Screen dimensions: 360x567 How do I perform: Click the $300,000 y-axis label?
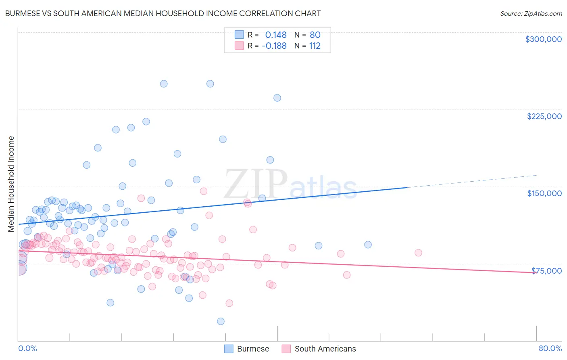click(543, 39)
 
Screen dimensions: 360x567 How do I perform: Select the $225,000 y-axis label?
click(544, 116)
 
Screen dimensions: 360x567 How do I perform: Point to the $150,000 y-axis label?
click(544, 193)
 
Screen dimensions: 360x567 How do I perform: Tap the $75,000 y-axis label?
click(546, 271)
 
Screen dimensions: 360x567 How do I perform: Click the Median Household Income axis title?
click(11, 184)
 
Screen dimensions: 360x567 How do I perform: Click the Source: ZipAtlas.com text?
click(531, 13)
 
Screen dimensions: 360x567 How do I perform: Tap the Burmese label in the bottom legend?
click(253, 349)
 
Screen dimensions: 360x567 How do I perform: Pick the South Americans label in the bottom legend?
click(325, 349)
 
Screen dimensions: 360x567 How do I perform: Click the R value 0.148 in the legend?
click(276, 35)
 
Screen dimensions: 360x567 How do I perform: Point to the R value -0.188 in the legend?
click(274, 46)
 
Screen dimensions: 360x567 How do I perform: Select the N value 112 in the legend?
click(315, 46)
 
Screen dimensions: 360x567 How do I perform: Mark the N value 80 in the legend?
click(315, 35)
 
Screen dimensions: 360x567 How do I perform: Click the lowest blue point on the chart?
click(221, 321)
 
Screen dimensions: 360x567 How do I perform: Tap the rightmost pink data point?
click(418, 253)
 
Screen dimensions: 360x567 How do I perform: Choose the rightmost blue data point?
click(368, 245)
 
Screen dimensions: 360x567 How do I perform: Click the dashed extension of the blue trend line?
click(472, 181)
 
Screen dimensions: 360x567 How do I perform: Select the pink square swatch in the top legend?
click(239, 46)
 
